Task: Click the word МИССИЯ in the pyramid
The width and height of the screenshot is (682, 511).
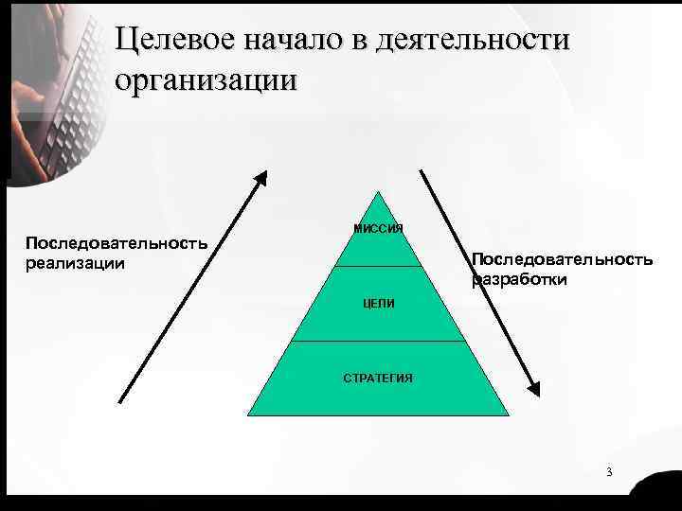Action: (x=378, y=229)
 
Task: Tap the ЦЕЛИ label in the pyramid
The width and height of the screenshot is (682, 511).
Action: (x=378, y=303)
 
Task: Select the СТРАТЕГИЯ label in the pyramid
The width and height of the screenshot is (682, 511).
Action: (x=377, y=379)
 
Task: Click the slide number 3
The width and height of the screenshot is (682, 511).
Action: (x=609, y=472)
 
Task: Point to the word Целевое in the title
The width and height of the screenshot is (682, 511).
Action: (x=176, y=43)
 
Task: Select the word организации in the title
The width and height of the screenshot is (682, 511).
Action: (x=206, y=79)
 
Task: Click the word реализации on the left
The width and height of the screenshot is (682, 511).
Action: (x=75, y=262)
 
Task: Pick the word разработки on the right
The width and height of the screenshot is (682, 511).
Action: (x=520, y=279)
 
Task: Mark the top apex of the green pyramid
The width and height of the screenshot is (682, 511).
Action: (x=378, y=192)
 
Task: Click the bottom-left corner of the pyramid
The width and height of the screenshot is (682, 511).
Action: (x=248, y=415)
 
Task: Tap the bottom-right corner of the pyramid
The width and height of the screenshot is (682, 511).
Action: (x=509, y=415)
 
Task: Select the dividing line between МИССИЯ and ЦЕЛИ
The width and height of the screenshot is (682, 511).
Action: (x=378, y=267)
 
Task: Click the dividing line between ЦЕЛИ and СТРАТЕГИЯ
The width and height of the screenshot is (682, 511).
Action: (x=378, y=341)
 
